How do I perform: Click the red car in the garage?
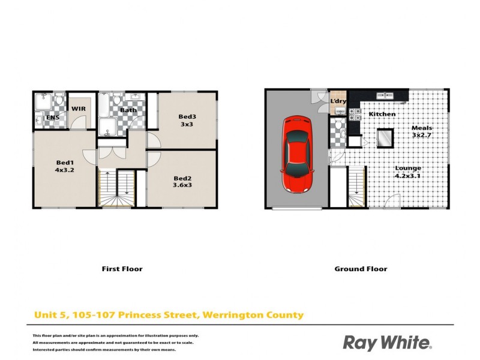pos(298,154)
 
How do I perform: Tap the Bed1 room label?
pos(64,163)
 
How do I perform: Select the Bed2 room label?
pos(182,178)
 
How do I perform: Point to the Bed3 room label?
pos(187,116)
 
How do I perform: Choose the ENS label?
pos(53,118)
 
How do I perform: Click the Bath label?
pos(128,110)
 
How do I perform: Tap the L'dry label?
pos(338,101)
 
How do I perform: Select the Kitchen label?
pos(382,114)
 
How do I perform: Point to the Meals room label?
pos(422,128)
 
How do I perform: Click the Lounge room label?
pos(408,168)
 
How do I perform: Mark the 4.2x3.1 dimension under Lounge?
pos(408,176)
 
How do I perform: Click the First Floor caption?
pos(122,269)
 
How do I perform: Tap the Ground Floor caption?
pos(361,269)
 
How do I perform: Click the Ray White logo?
pos(387,343)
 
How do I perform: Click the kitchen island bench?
pos(384,139)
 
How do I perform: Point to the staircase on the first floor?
pos(118,188)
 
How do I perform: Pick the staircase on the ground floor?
pos(356,188)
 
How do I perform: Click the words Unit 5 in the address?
pos(48,314)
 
